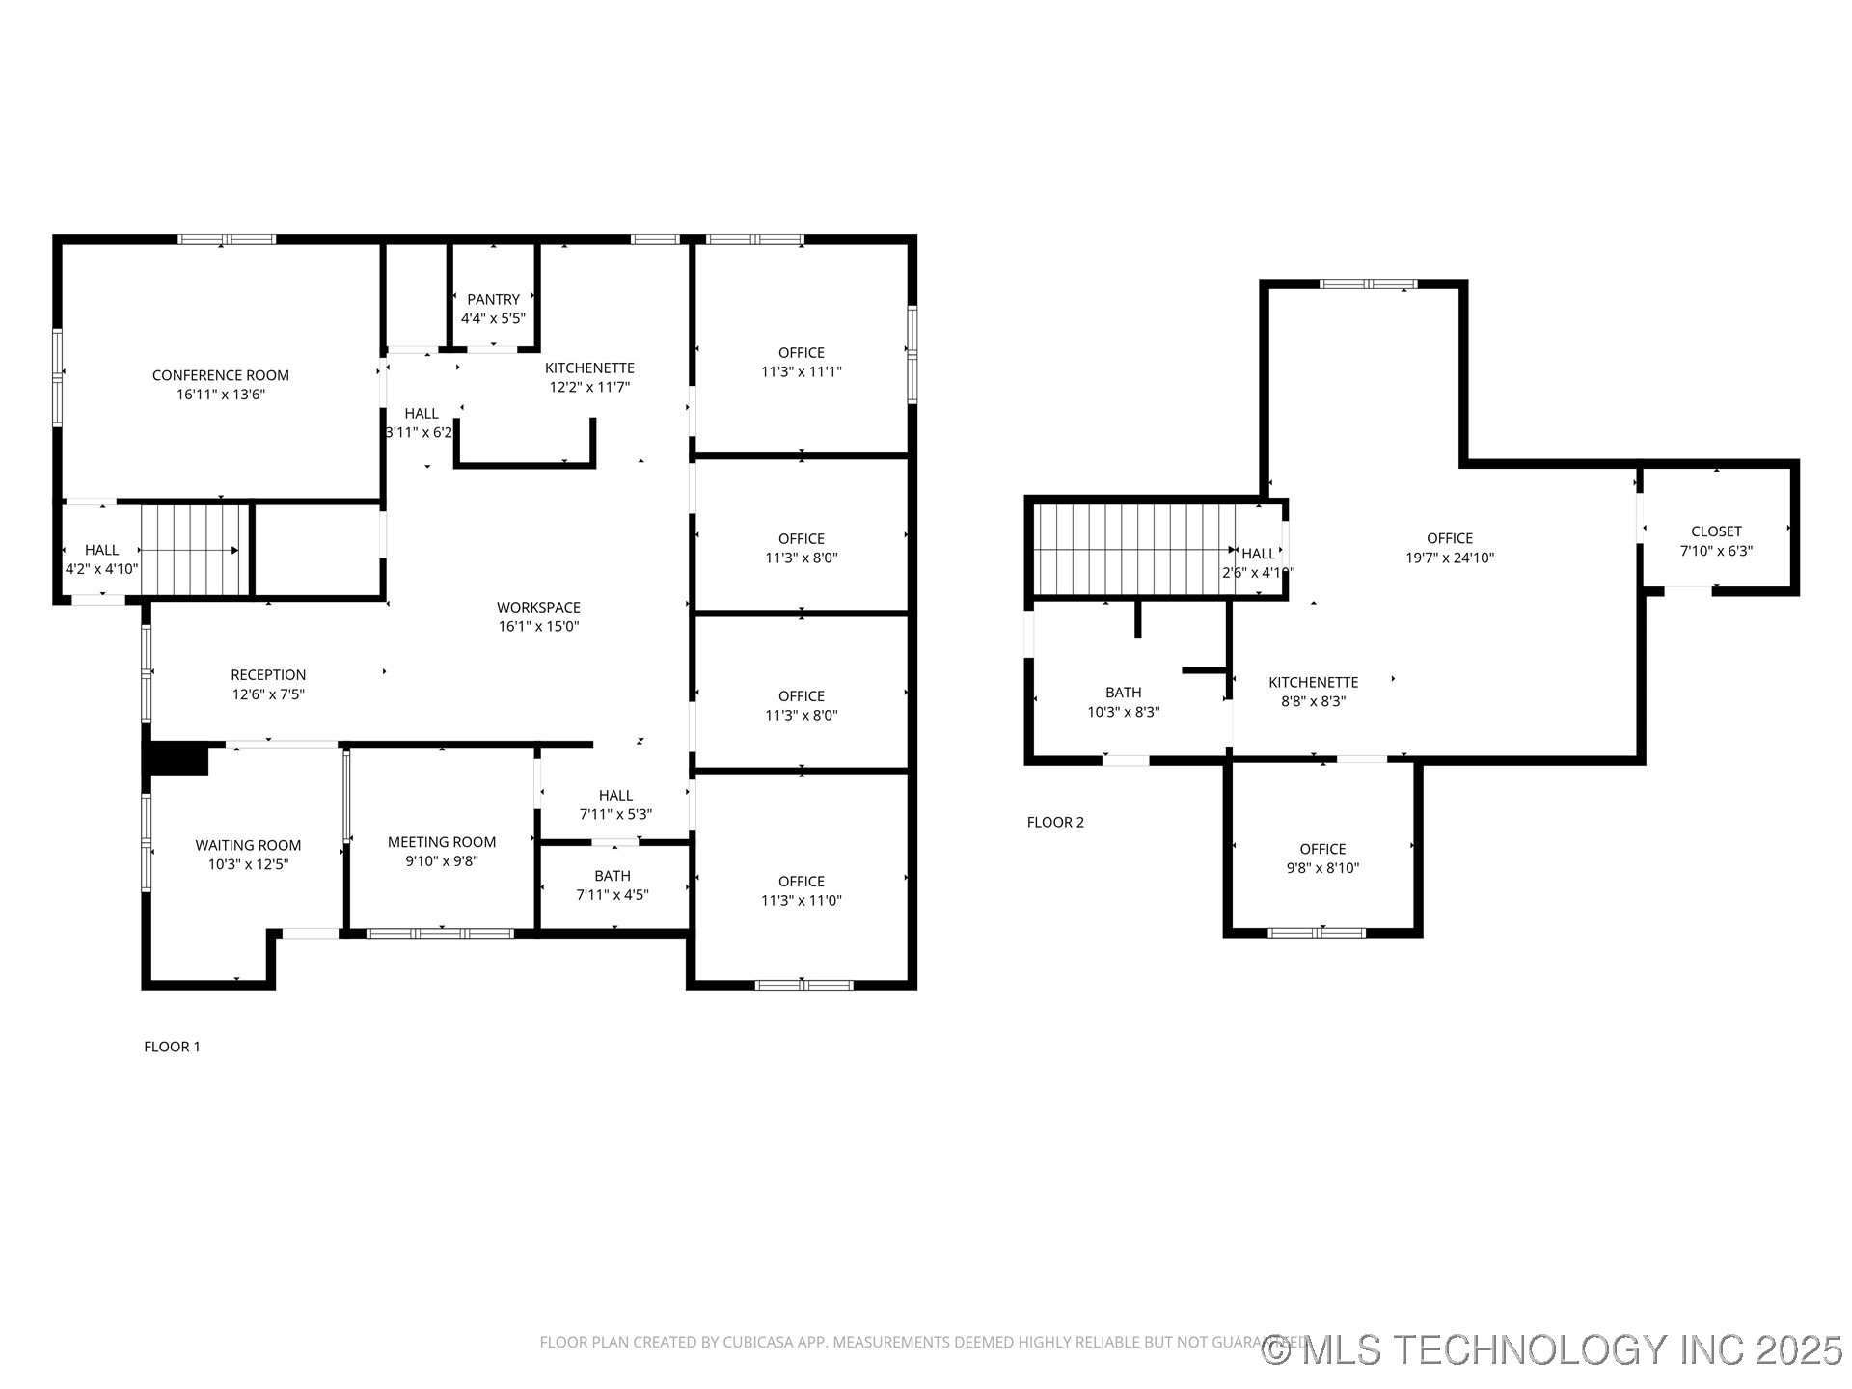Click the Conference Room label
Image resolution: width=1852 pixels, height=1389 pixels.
pos(220,375)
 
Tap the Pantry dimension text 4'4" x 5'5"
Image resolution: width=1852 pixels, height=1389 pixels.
pos(493,318)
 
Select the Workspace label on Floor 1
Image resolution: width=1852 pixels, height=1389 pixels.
pos(538,607)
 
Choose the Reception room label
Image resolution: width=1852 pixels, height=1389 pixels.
pos(268,675)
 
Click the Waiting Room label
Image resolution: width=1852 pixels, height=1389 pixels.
pos(248,845)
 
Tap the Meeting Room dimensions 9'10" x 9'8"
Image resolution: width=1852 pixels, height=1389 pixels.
pos(442,861)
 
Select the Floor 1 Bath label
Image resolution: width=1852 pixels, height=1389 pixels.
pos(613,876)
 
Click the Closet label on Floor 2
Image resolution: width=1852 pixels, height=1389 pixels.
pos(1716,531)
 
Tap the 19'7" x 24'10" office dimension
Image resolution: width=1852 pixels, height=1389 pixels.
pos(1450,558)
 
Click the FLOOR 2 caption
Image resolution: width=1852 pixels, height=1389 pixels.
pos(1055,822)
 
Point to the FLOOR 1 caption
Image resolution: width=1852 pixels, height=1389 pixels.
pos(172,1047)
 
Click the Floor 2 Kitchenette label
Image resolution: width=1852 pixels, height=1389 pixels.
pos(1313,682)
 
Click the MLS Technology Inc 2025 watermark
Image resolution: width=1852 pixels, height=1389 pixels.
pos(1553,1349)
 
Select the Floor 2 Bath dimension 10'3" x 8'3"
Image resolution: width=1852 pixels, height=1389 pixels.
pos(1123,712)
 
